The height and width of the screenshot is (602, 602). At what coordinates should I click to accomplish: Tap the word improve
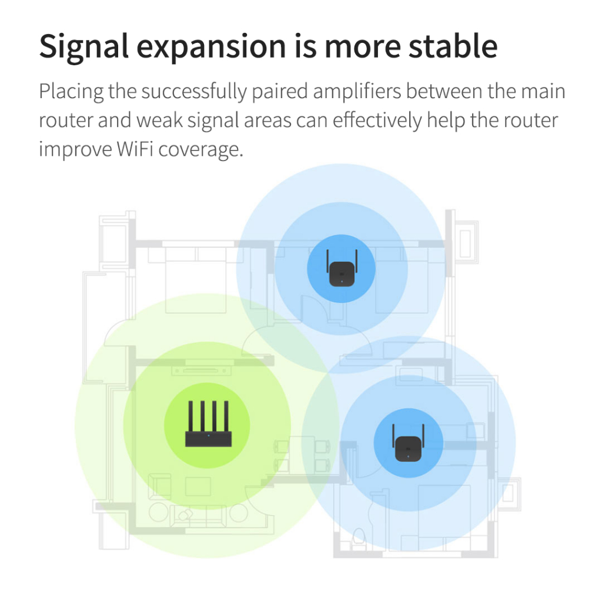point(74,149)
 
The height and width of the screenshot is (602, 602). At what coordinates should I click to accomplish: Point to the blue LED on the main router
point(208,436)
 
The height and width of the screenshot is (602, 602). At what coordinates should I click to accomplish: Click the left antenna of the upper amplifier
point(327,259)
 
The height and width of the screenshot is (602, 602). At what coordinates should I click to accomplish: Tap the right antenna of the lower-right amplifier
point(423,434)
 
